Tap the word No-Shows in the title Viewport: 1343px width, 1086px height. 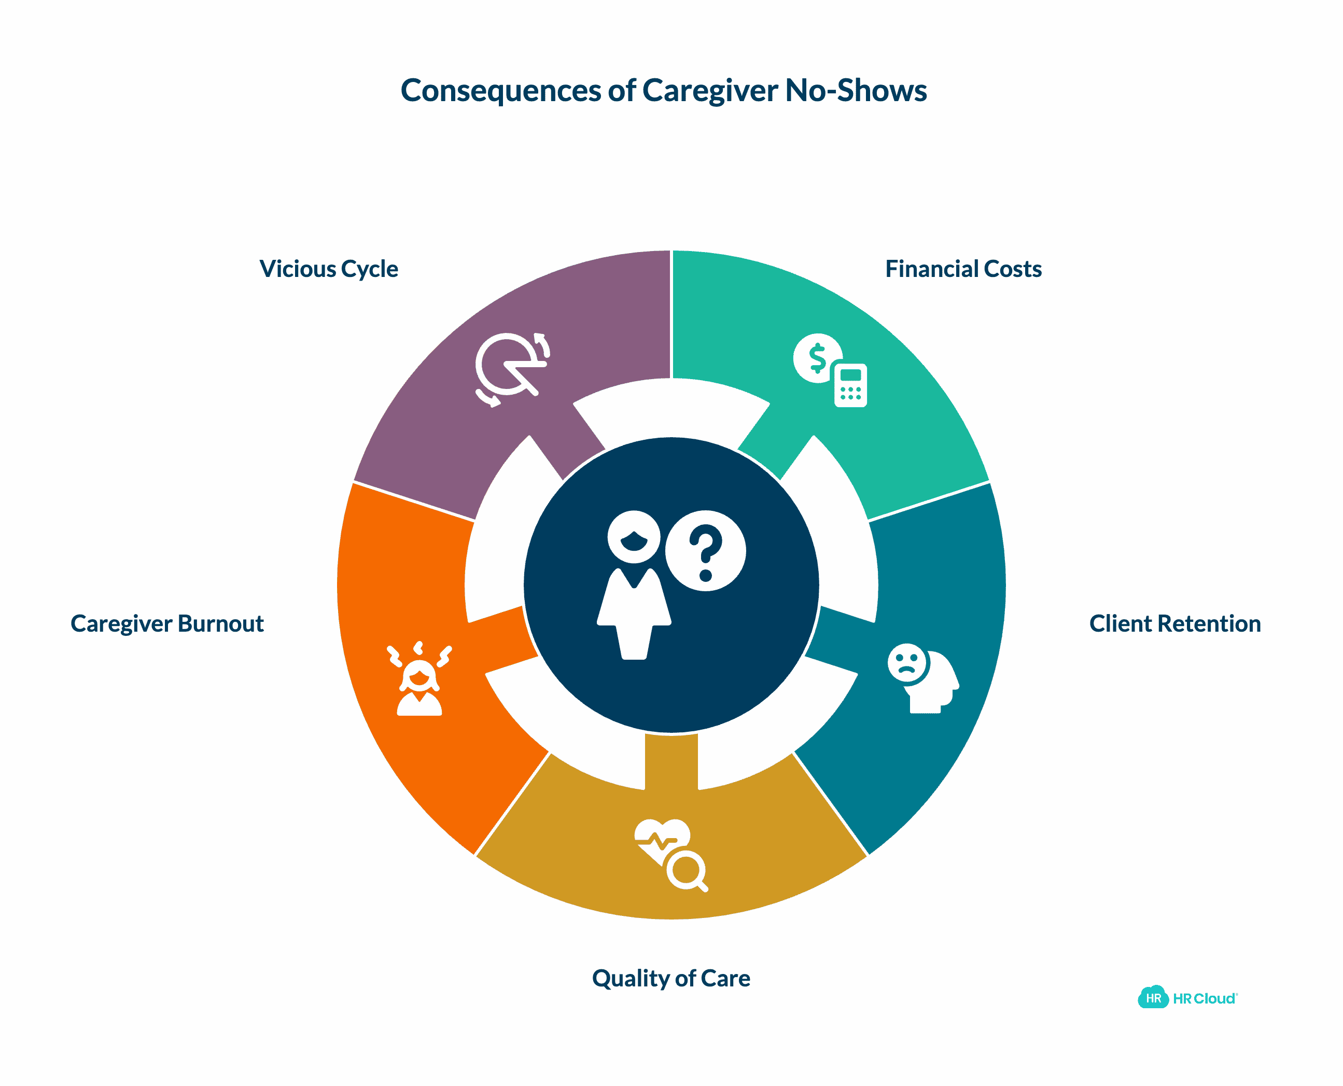[855, 91]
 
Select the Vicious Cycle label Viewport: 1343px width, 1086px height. [328, 269]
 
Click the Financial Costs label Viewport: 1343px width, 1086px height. [963, 269]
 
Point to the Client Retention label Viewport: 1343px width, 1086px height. [1174, 624]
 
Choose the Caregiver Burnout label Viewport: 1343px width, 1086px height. [167, 624]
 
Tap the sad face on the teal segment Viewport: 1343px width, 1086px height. [906, 662]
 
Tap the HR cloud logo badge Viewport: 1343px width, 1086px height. [1152, 998]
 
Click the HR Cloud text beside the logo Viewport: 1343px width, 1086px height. [1204, 998]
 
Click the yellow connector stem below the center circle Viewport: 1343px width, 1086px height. [670, 760]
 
